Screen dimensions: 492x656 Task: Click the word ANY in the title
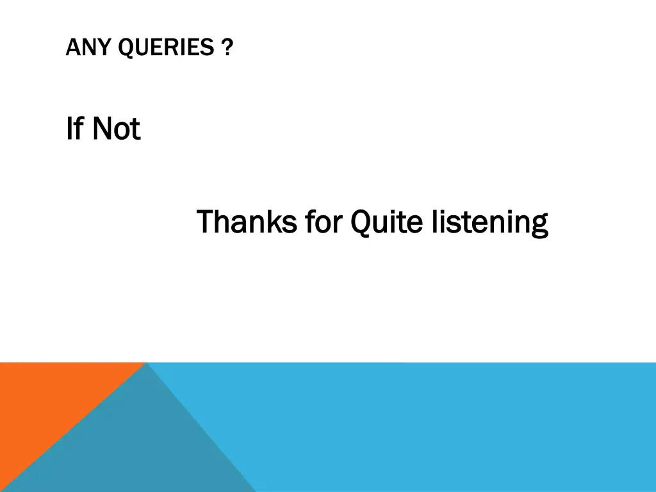point(83,47)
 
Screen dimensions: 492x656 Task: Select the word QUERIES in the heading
point(160,47)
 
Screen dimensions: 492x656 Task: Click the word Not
point(116,129)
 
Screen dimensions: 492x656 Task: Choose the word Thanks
point(246,222)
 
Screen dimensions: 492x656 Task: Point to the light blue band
point(448,426)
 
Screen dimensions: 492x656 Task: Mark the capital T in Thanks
point(205,222)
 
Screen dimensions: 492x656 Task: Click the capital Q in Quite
point(361,222)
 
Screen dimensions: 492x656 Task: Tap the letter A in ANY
point(71,47)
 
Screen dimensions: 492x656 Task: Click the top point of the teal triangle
point(147,364)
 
